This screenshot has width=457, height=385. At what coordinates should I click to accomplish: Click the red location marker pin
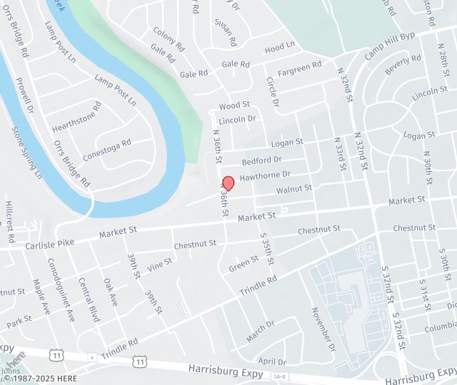(x=228, y=182)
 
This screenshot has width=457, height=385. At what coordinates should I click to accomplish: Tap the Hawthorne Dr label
(x=265, y=175)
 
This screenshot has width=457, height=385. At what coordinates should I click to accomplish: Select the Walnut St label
(x=294, y=189)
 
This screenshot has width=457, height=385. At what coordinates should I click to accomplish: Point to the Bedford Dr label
(x=263, y=160)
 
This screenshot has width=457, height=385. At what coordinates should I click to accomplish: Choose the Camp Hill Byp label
(x=390, y=46)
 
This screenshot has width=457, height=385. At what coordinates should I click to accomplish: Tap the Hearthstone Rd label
(x=77, y=118)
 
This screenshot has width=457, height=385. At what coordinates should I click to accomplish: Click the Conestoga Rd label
(x=107, y=151)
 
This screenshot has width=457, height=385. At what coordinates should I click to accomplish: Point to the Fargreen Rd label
(x=299, y=68)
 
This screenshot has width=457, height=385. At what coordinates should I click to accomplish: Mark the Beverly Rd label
(x=403, y=65)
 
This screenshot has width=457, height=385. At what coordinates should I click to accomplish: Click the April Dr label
(x=271, y=361)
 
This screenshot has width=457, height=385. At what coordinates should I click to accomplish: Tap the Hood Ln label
(x=279, y=48)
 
